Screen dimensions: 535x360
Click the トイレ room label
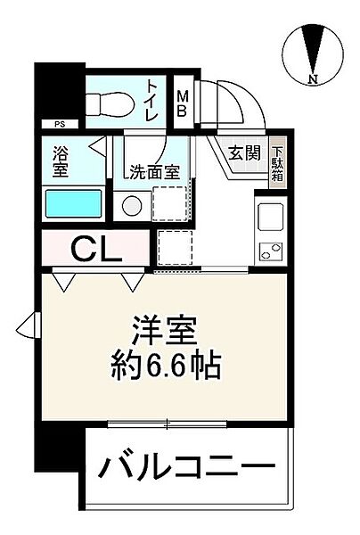(153, 101)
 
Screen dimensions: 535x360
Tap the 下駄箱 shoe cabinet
(277, 164)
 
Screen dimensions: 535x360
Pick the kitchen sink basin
(270, 217)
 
